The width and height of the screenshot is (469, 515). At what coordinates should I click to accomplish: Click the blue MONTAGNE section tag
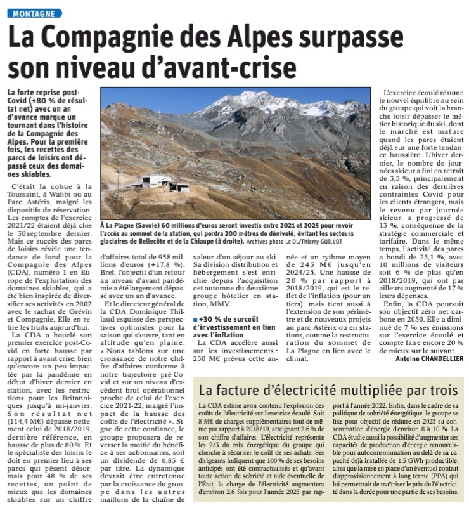click(35, 13)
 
